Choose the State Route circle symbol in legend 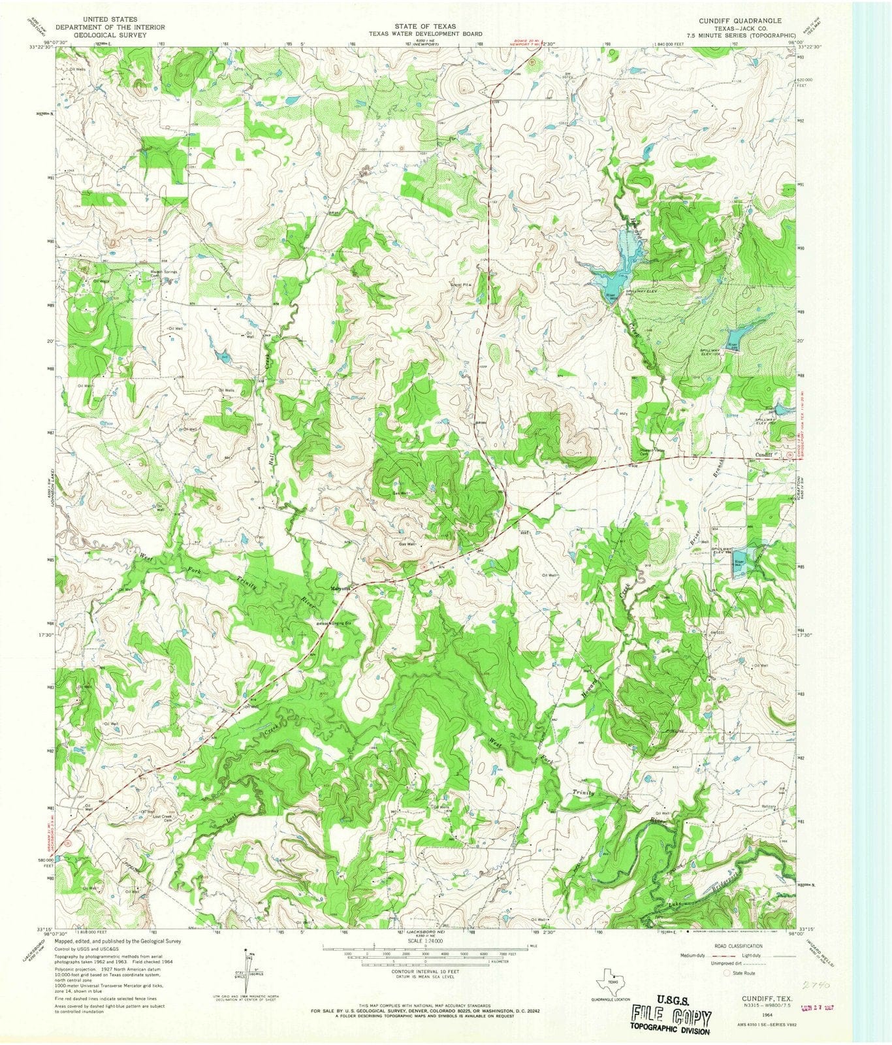726,973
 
